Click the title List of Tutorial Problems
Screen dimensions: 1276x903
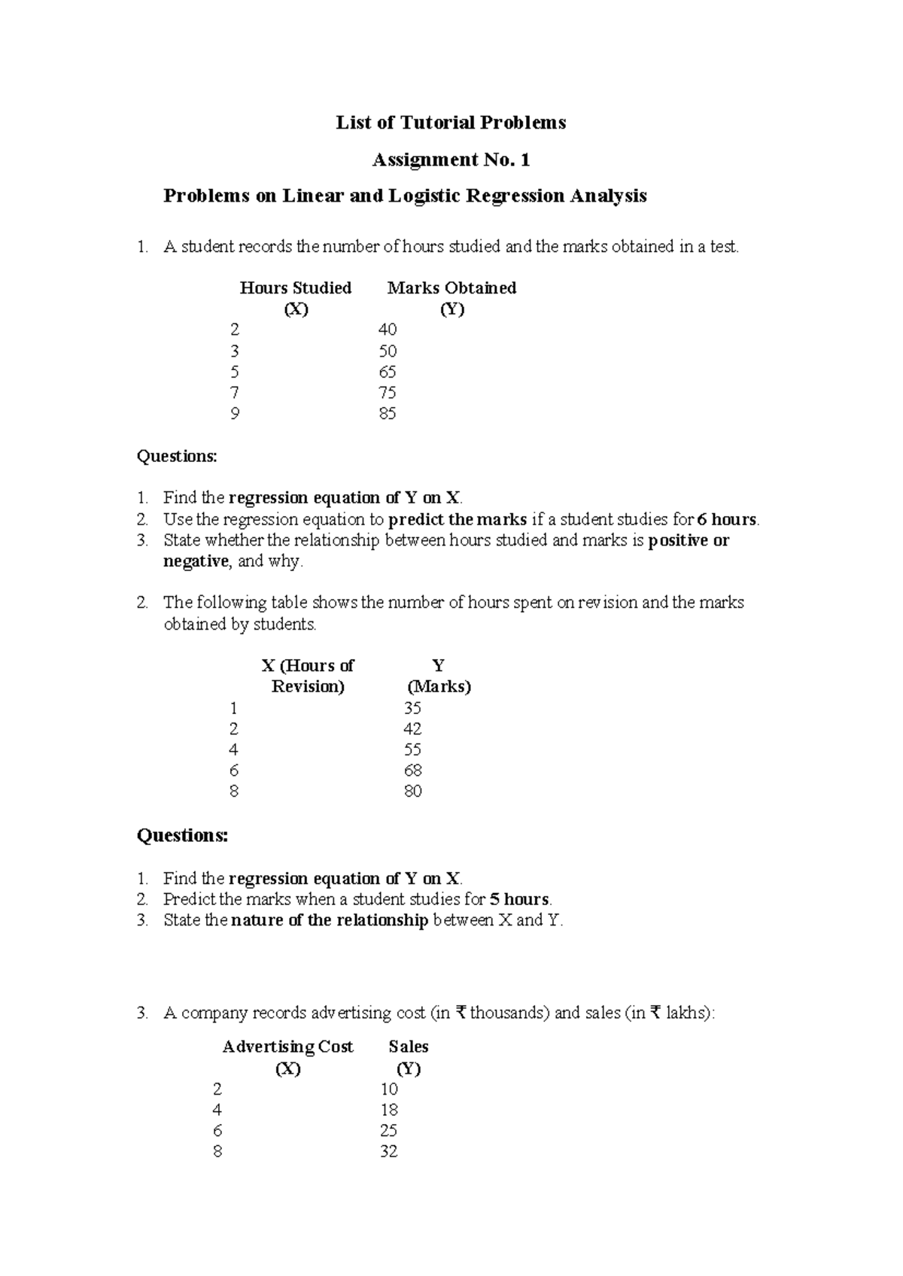click(450, 123)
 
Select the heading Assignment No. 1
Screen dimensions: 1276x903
click(451, 159)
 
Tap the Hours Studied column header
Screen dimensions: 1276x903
click(295, 288)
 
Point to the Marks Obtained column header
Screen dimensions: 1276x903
click(451, 288)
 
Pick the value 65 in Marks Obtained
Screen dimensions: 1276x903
click(388, 372)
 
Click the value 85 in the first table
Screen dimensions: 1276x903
click(388, 413)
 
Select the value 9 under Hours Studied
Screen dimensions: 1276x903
click(235, 413)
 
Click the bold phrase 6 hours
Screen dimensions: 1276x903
click(727, 519)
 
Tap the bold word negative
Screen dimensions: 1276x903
click(195, 561)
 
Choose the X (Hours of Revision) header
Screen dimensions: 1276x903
click(307, 676)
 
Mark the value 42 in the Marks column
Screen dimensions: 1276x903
click(412, 728)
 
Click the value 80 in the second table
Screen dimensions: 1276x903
click(412, 791)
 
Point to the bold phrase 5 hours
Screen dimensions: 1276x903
click(519, 899)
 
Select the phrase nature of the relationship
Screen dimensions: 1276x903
click(330, 920)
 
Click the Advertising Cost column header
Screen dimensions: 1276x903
click(287, 1047)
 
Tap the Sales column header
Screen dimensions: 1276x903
click(408, 1047)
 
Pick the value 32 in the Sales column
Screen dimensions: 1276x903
click(388, 1151)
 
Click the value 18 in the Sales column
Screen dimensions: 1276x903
click(388, 1110)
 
